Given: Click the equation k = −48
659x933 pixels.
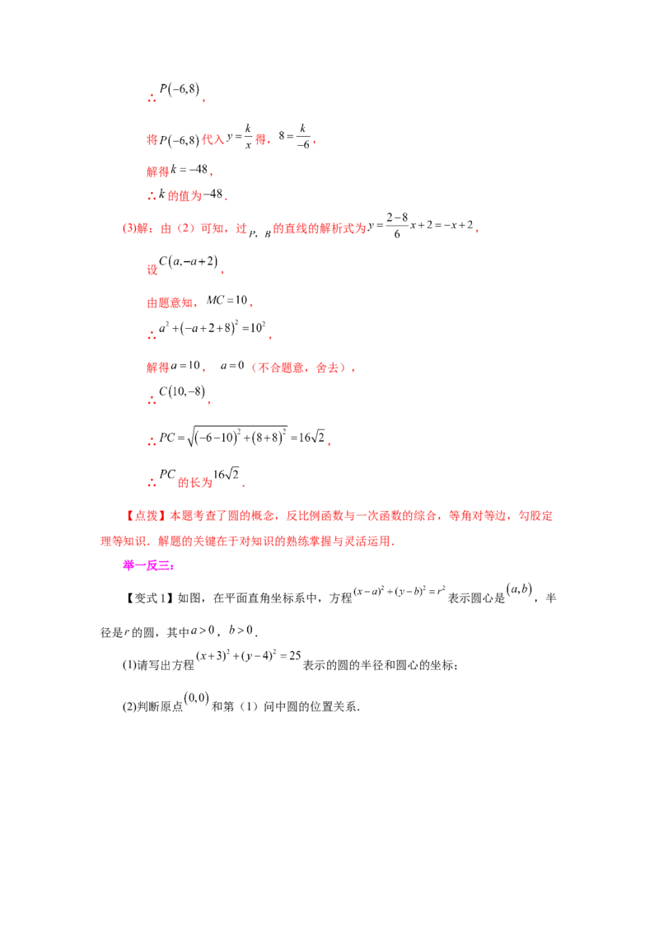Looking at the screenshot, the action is click(x=189, y=170).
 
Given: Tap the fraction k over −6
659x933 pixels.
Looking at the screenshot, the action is click(x=303, y=136).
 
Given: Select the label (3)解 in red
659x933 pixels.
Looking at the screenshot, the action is click(x=135, y=228).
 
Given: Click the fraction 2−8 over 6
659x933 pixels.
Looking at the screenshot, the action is click(x=397, y=225).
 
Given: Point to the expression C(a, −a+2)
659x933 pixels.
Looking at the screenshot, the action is click(x=189, y=262).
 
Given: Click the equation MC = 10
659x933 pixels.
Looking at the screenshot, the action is click(x=227, y=301).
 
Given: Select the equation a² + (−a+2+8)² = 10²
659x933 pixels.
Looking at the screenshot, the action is click(x=213, y=327).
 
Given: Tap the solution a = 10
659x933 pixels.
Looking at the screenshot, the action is click(x=185, y=365).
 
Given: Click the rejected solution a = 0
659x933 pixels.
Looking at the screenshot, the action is click(x=232, y=365).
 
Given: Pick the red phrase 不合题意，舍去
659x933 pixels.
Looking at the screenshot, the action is click(x=298, y=368).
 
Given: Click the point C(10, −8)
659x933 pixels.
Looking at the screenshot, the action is click(x=182, y=391).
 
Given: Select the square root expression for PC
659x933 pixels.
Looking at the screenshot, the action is click(x=236, y=438).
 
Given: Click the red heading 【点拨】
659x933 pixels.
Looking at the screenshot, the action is click(x=146, y=516).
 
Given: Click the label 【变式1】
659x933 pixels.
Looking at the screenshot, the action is click(x=149, y=598).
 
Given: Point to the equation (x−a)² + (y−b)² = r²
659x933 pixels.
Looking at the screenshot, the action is click(x=400, y=592).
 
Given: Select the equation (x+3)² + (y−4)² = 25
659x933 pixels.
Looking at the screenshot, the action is click(x=249, y=656).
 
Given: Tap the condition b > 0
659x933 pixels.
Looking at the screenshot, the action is click(x=241, y=631).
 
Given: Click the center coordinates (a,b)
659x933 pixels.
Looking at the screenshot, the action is click(x=519, y=589).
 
